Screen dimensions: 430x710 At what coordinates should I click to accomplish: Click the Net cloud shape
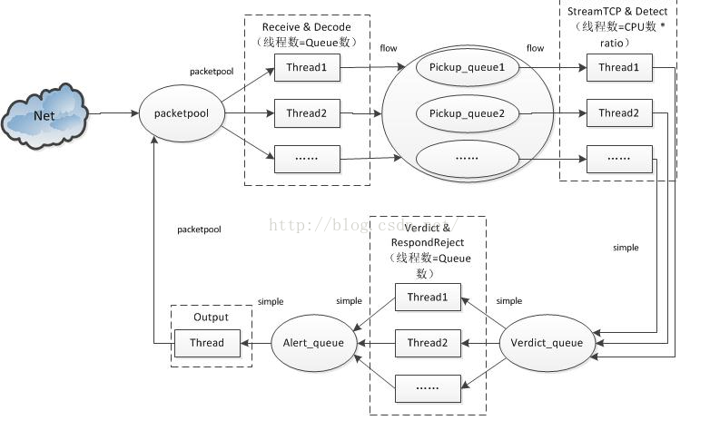[44, 115]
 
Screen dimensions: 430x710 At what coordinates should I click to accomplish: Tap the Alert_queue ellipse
[310, 343]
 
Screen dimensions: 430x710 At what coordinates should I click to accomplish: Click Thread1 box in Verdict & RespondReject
[429, 298]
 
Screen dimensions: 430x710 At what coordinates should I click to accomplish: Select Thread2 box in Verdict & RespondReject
[429, 343]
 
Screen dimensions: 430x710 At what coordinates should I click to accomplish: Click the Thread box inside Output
[212, 343]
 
